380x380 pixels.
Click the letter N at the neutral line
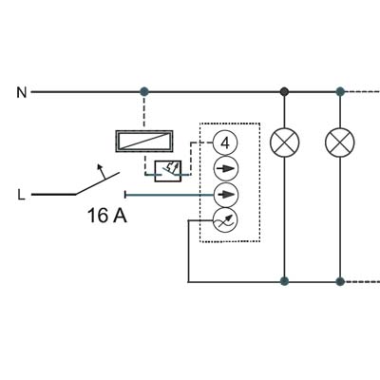pos(22,92)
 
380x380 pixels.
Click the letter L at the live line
pos(21,195)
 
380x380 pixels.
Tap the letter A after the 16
pos(120,216)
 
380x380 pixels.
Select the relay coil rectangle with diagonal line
pos(144,141)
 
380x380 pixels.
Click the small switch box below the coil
pos(168,171)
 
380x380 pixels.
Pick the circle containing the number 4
pos(225,143)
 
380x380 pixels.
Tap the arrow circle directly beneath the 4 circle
pos(226,169)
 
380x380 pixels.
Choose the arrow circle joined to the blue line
pos(226,195)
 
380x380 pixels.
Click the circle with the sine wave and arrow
pos(224,220)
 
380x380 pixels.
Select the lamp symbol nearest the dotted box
pos(284,142)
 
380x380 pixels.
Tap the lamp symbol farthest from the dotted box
pos(340,142)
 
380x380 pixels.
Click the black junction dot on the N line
pos(284,92)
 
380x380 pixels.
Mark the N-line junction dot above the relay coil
pos(144,92)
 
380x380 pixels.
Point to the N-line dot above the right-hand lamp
pos(340,92)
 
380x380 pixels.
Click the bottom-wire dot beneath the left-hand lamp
pos(284,281)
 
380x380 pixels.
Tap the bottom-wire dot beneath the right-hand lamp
pos(340,281)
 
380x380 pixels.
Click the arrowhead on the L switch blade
pos(100,167)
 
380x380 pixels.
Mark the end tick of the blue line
pos(126,195)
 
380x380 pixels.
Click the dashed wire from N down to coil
pos(144,113)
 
